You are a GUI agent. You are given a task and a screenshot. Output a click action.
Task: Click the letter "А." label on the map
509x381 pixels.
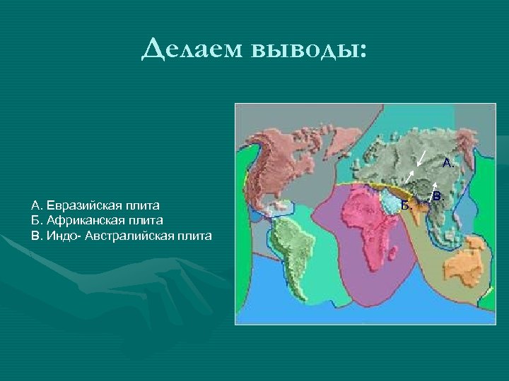tap(448, 163)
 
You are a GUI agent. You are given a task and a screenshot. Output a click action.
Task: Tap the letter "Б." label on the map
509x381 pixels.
tap(406, 205)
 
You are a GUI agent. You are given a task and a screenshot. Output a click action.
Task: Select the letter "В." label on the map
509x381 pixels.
tap(438, 195)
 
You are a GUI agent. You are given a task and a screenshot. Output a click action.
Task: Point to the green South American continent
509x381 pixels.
tap(289, 243)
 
